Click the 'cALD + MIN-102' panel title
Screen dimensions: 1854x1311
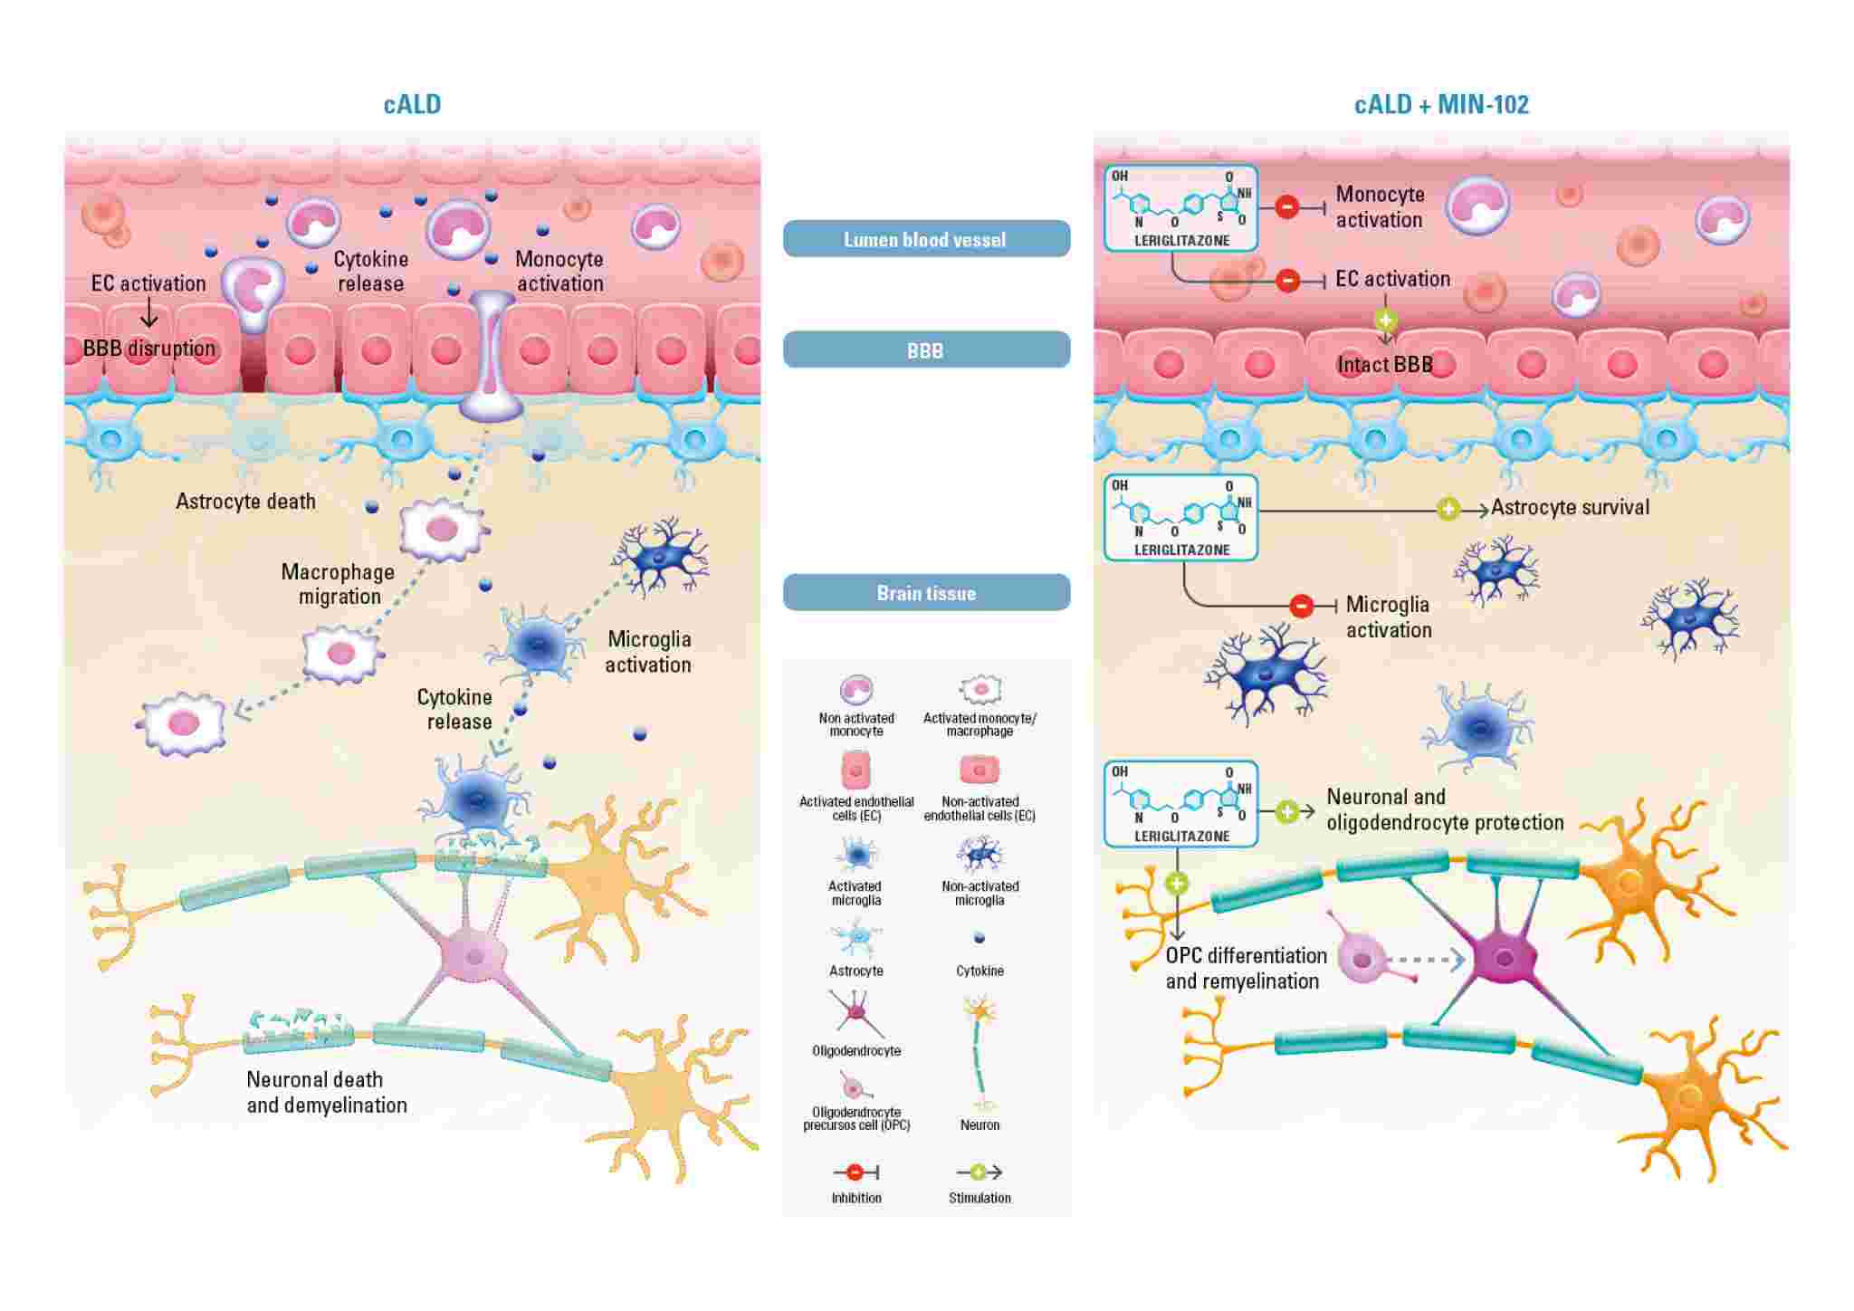click(1441, 105)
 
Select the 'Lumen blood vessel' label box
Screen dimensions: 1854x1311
click(926, 239)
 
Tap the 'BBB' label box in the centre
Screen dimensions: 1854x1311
click(926, 349)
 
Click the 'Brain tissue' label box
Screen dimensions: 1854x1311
click(926, 593)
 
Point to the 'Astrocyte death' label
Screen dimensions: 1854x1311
click(245, 502)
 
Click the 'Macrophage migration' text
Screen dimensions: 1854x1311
click(338, 584)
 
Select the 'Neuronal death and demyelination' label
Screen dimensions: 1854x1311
click(327, 1092)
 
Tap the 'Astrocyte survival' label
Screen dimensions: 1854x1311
click(1570, 507)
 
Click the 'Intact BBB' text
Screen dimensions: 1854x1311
click(1385, 365)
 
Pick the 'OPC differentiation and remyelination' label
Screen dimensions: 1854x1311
click(1246, 968)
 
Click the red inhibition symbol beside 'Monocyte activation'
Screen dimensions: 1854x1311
click(1287, 207)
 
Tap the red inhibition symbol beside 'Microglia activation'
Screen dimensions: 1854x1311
click(1301, 606)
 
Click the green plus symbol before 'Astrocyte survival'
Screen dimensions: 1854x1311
click(1448, 510)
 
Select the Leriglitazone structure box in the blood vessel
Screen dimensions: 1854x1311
click(1181, 208)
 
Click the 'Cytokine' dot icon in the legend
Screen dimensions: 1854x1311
click(979, 938)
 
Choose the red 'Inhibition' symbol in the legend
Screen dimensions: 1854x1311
click(855, 1172)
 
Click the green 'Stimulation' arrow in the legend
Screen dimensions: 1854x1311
click(980, 1172)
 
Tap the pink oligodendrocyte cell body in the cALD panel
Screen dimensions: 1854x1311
click(473, 956)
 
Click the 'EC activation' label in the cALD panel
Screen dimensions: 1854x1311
click(148, 283)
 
